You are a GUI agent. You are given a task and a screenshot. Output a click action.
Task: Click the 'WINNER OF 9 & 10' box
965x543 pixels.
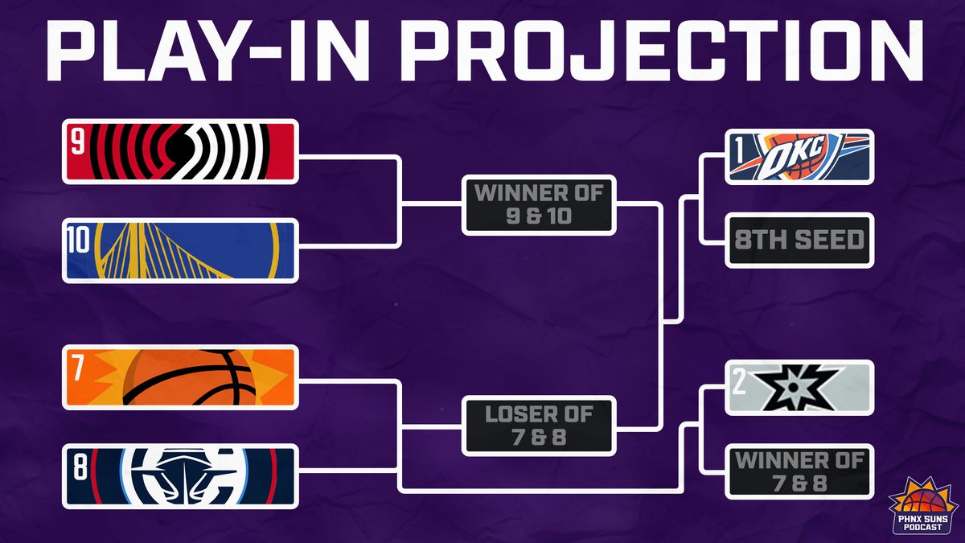(x=539, y=205)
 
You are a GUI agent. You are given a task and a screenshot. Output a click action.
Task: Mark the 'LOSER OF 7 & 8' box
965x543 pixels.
(x=539, y=426)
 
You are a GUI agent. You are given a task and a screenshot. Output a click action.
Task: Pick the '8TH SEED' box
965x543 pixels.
(x=799, y=240)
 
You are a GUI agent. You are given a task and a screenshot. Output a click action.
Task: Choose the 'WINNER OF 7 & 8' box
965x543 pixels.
(x=799, y=472)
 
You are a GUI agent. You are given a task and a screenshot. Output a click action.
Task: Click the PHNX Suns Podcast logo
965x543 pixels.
(x=923, y=507)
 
